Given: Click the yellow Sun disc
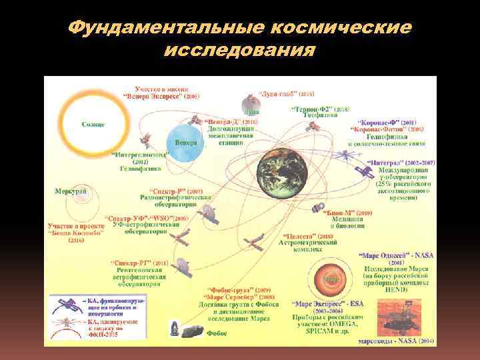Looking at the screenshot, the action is coord(92,124).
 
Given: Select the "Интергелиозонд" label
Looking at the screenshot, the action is coord(140,155).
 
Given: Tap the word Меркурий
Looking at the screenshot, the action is coord(71,191).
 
